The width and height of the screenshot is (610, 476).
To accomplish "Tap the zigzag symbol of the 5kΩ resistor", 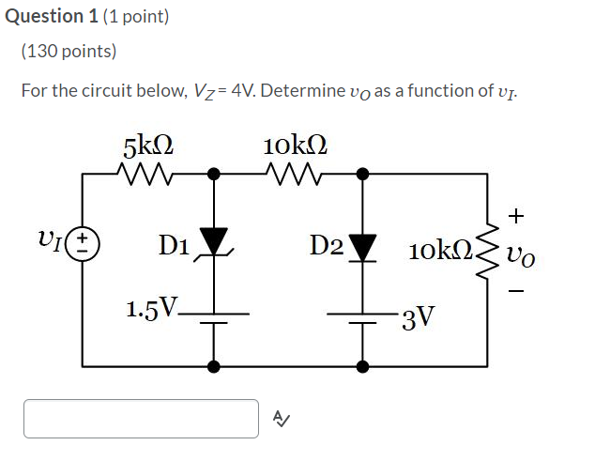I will (147, 173).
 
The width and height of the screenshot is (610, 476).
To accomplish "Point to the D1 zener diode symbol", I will (215, 243).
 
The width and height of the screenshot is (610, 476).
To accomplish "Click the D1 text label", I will (175, 246).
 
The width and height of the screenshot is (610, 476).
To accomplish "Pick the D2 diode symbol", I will (362, 246).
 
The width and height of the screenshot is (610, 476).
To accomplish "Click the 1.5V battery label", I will (154, 310).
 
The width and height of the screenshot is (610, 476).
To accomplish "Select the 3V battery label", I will (417, 317).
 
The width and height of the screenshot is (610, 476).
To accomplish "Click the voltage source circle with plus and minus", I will (84, 246).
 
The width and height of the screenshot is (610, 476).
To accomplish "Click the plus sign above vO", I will (515, 216).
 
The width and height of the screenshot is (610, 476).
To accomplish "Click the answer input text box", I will (141, 419).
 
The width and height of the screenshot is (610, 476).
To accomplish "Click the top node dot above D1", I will (215, 173).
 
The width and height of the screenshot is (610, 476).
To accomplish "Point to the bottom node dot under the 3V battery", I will (362, 364).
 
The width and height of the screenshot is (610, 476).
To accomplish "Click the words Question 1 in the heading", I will (44, 16).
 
